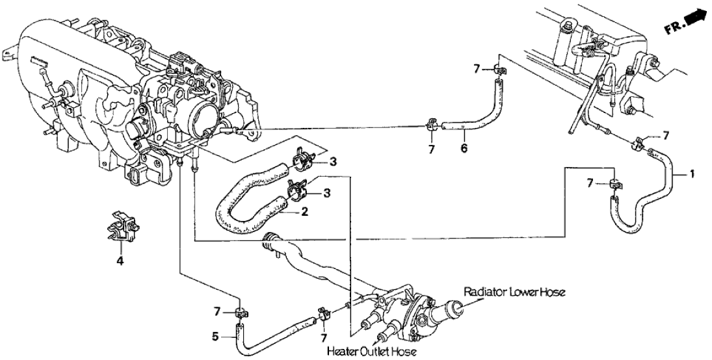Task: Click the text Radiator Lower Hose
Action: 514,292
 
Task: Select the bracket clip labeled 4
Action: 122,228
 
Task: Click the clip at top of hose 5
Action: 240,313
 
